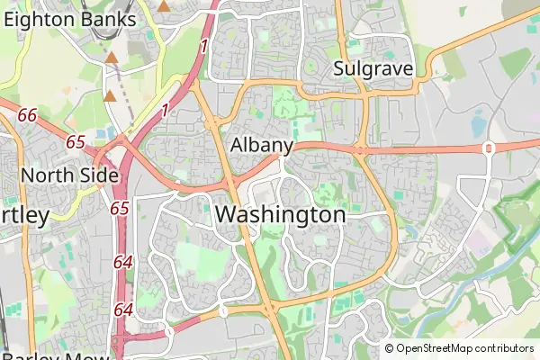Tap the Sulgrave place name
373,68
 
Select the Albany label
262,145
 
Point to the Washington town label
281,215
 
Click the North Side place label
70,175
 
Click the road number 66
27,115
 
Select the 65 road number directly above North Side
76,142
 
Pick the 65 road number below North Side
120,208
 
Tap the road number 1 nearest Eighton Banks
204,45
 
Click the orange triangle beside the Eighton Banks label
164,6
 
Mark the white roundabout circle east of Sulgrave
489,148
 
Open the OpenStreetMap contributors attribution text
464,348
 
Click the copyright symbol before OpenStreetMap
390,348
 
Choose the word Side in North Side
99,175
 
